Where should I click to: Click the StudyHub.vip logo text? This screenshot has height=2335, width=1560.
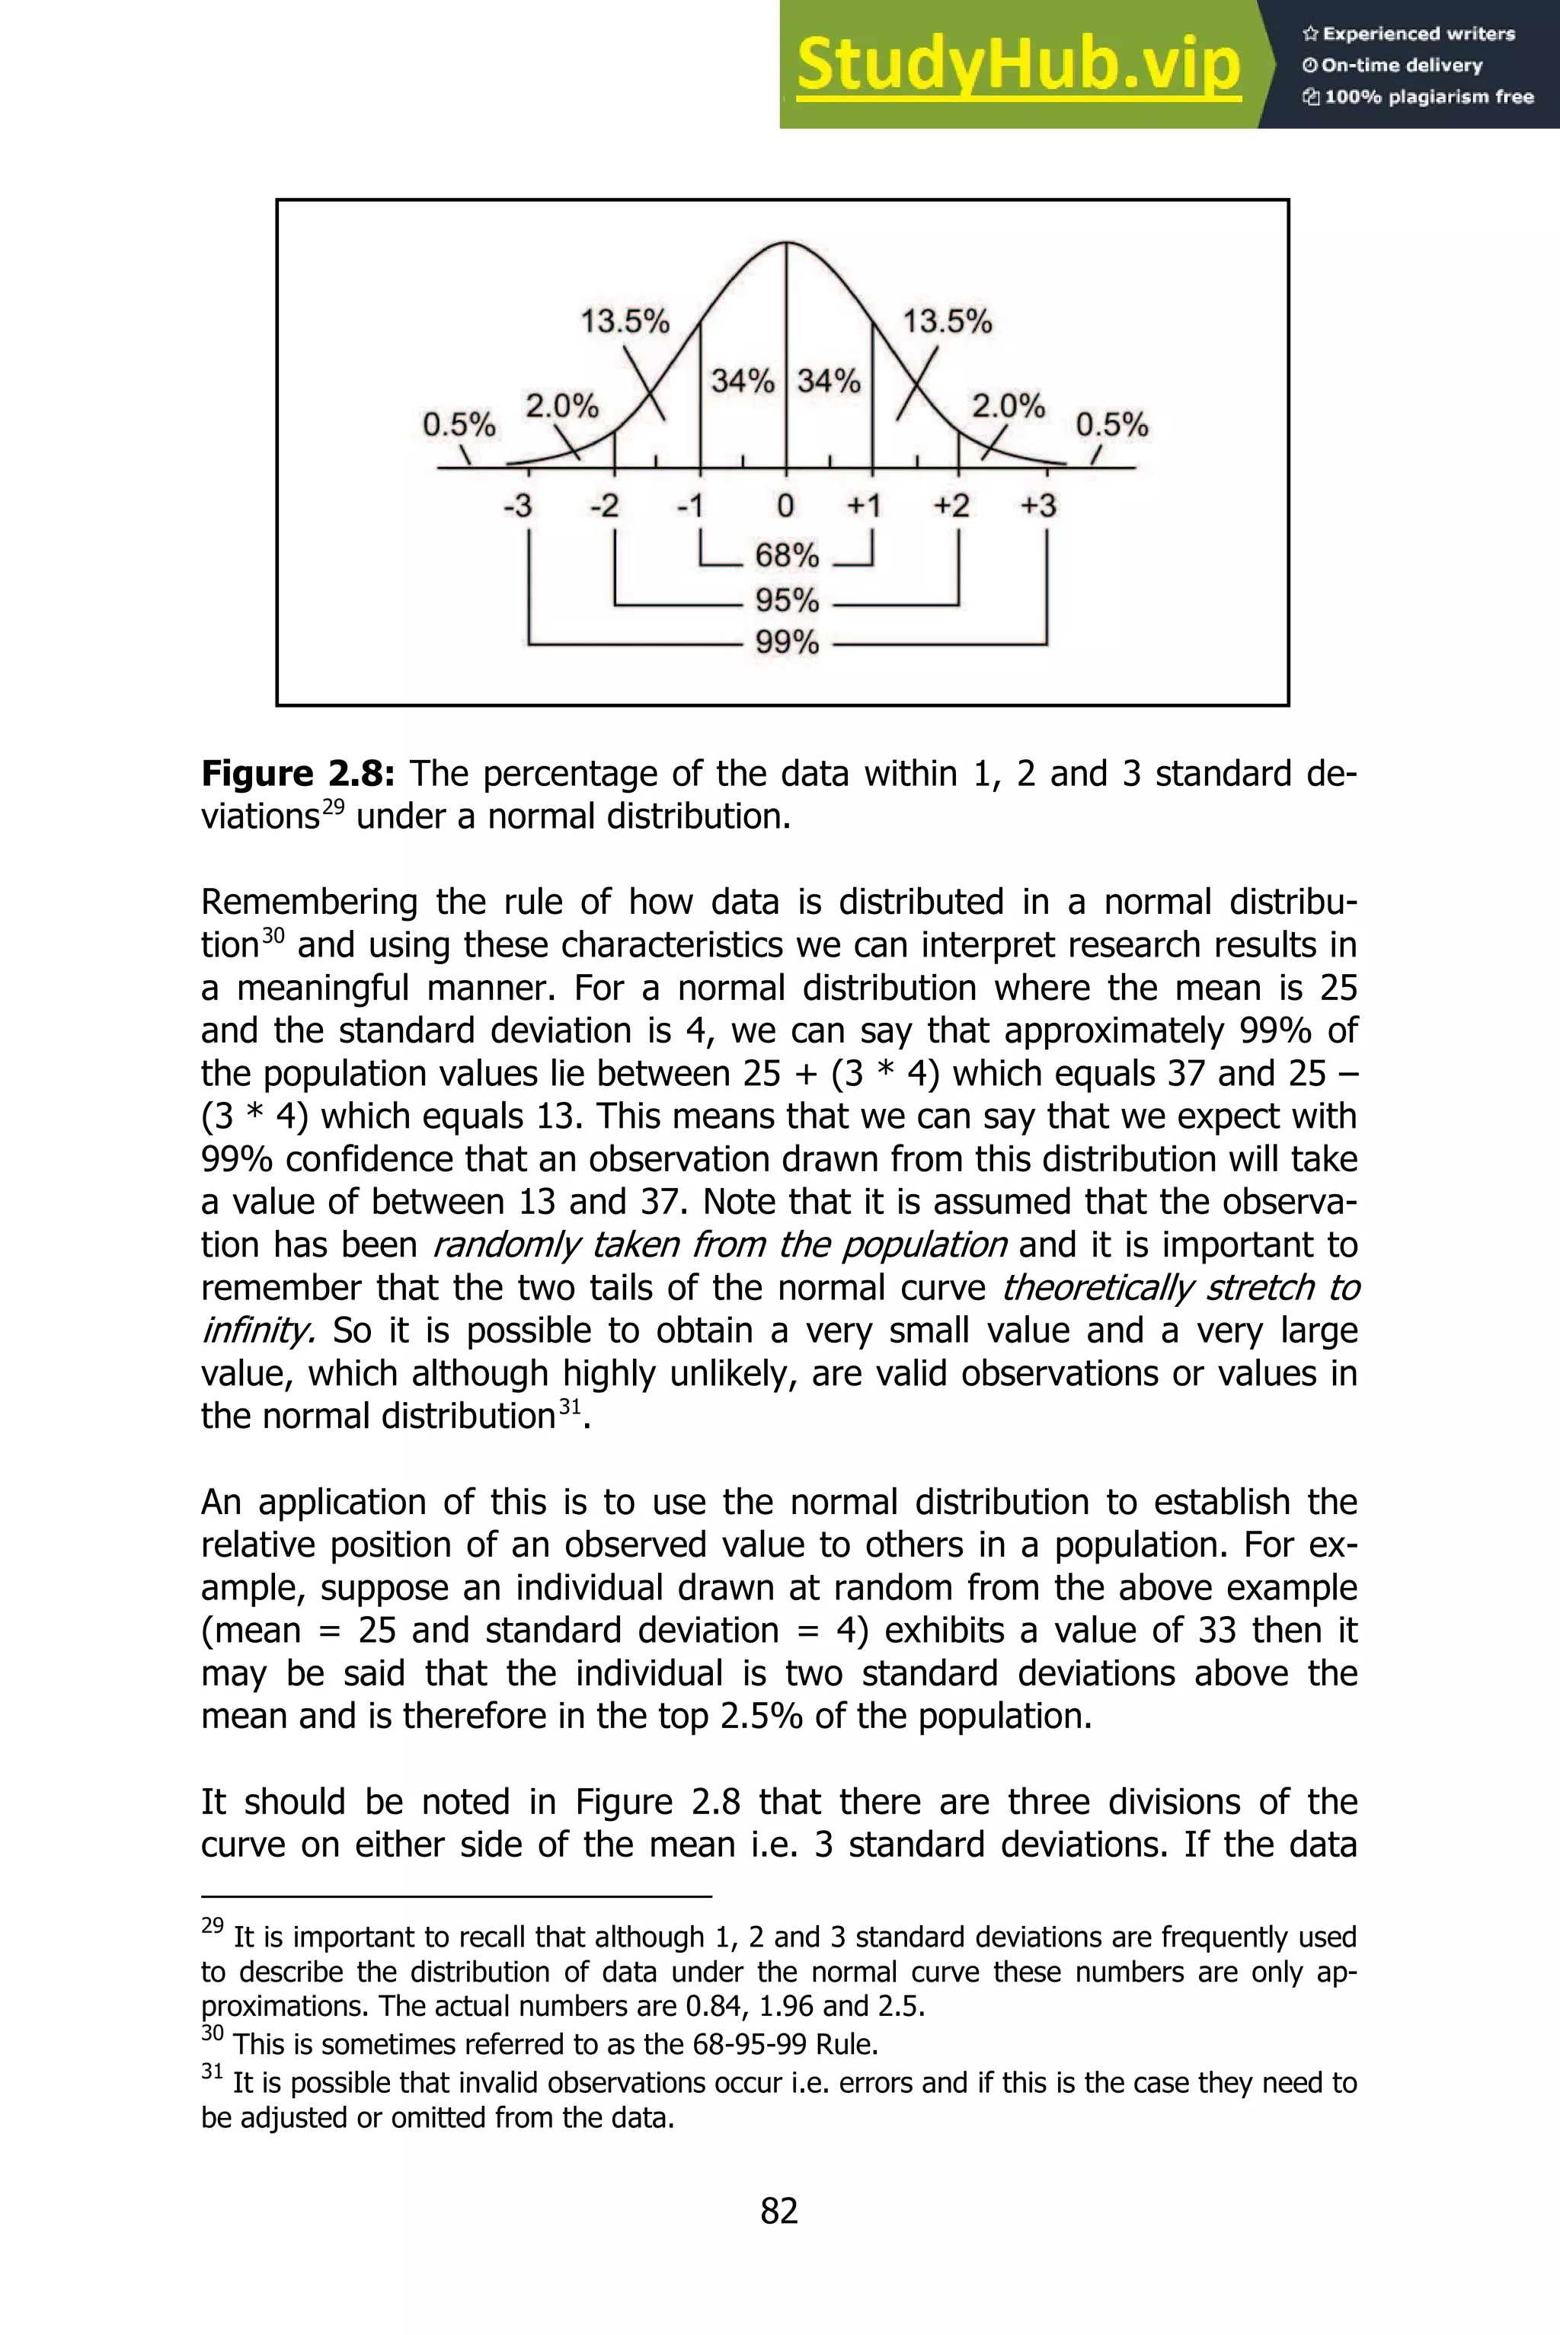1018,65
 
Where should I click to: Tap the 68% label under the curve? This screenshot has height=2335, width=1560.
786,556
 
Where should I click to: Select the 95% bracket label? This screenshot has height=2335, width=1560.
786,601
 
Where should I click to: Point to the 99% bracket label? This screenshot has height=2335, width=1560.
786,643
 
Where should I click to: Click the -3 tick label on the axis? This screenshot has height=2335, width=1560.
516,506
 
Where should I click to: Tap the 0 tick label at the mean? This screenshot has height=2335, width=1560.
785,506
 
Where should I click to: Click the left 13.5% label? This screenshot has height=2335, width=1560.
624,321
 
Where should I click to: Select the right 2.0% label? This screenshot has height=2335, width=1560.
1008,406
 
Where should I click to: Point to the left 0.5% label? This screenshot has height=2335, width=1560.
459,425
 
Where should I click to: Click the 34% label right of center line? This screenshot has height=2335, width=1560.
828,381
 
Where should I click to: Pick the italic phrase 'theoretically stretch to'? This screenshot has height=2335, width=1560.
1180,1288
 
